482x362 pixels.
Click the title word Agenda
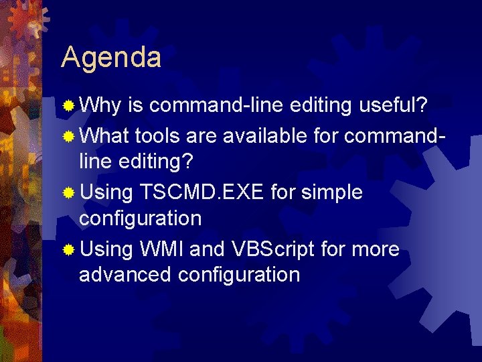coord(111,58)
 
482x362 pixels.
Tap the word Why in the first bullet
coord(100,107)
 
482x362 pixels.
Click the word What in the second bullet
coord(104,135)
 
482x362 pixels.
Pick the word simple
coord(332,192)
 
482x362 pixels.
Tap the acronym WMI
coord(163,249)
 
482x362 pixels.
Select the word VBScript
coord(273,249)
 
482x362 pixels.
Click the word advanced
coord(125,274)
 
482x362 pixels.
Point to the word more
coord(375,249)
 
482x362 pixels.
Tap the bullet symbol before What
coord(68,136)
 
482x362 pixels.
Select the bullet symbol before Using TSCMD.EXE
coord(68,193)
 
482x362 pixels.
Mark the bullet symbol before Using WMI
coord(68,250)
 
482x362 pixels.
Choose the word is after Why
coord(136,107)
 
